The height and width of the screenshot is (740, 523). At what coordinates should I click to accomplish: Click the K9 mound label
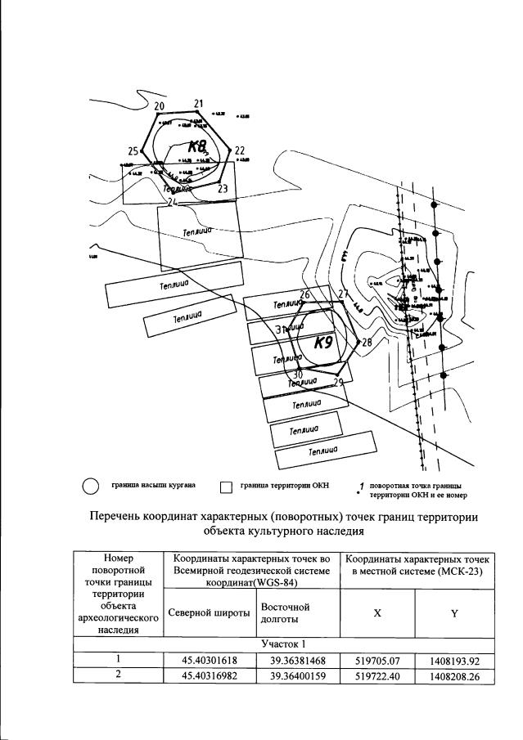click(323, 343)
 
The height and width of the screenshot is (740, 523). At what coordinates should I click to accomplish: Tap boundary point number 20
click(159, 106)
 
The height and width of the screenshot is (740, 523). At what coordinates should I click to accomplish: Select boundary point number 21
click(198, 103)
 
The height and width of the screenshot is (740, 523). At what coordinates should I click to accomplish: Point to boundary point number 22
click(239, 150)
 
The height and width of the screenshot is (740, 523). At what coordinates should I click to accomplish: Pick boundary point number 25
click(133, 151)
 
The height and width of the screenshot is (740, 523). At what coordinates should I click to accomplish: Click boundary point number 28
click(366, 343)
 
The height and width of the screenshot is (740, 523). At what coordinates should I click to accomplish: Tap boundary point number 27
click(343, 294)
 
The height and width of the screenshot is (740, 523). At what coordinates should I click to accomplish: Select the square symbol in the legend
click(227, 488)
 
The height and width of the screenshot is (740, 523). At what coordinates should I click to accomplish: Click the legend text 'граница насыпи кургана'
click(153, 486)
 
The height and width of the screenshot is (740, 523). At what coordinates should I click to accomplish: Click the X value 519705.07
click(377, 658)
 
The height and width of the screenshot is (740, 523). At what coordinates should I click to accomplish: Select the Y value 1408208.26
click(455, 675)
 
